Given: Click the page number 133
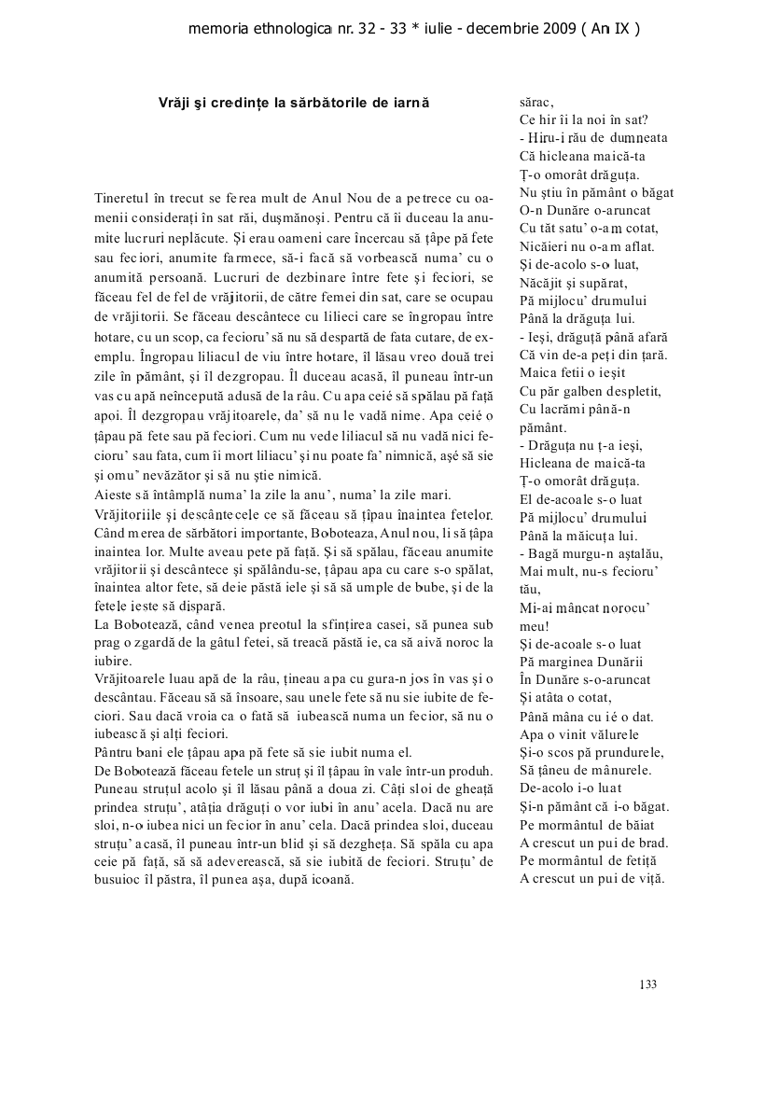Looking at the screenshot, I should point(648,983).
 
